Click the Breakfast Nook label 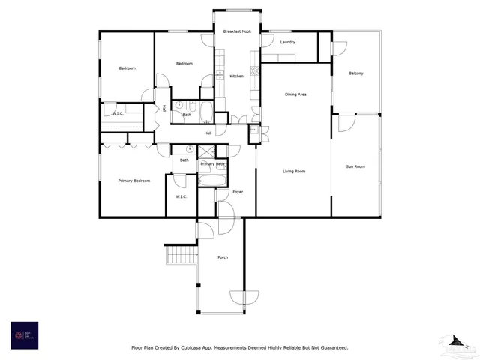237,31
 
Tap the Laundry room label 287,43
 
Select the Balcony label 356,73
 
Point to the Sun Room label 355,166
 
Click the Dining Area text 295,94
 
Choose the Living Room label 293,172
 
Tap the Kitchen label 236,76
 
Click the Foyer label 237,193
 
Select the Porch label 223,257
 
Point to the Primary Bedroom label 134,181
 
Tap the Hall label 208,133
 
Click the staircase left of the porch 180,256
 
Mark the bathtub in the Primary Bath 211,180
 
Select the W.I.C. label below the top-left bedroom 118,113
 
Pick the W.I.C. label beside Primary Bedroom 181,196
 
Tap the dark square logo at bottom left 24,334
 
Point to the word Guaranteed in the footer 328,347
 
